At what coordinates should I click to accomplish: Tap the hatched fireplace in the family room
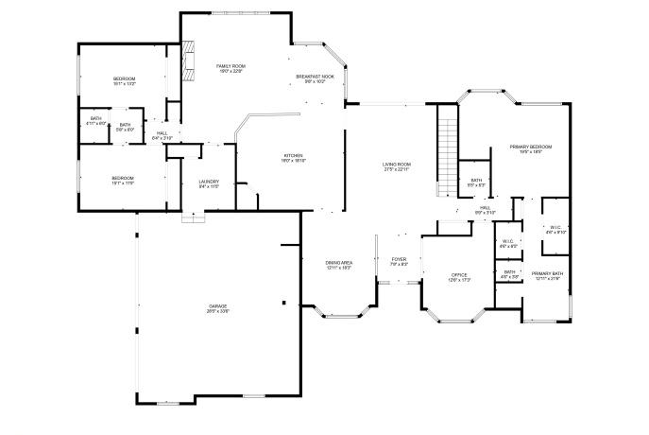pyautogui.click(x=189, y=59)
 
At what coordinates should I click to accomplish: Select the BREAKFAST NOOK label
pyautogui.click(x=315, y=78)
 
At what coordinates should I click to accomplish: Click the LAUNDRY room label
pyautogui.click(x=209, y=183)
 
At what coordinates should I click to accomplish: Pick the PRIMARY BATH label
pyautogui.click(x=547, y=275)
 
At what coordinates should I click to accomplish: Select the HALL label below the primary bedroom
pyautogui.click(x=485, y=209)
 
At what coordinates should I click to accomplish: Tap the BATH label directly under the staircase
pyautogui.click(x=476, y=182)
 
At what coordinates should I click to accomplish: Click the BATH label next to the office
pyautogui.click(x=509, y=274)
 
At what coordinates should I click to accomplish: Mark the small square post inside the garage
pyautogui.click(x=282, y=303)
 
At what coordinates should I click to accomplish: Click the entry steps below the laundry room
pyautogui.click(x=193, y=217)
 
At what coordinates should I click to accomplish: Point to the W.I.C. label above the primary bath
pyautogui.click(x=555, y=229)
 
